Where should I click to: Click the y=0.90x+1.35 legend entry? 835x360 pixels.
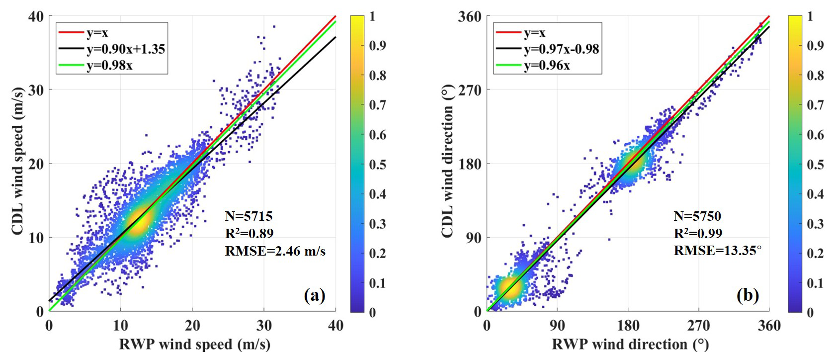[x=125, y=49]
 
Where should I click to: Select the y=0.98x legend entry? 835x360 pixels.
[x=109, y=65]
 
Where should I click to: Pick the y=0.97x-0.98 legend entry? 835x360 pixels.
[x=561, y=49]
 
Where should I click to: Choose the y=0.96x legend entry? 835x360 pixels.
[x=547, y=65]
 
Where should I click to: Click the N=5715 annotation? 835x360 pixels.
[x=249, y=216]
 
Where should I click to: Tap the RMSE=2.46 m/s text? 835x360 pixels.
[x=275, y=251]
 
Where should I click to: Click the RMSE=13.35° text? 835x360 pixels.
[x=717, y=251]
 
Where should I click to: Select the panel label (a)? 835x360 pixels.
[x=314, y=296]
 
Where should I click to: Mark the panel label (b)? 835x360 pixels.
[x=748, y=296]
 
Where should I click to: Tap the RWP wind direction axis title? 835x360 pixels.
[x=630, y=345]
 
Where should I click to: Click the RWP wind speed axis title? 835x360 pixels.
[x=194, y=345]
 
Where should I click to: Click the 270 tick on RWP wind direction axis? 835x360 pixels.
[x=698, y=326]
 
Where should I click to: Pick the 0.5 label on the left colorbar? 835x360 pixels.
[x=378, y=165]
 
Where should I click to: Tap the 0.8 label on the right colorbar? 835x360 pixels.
[x=815, y=76]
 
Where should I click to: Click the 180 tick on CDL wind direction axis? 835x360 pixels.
[x=470, y=164]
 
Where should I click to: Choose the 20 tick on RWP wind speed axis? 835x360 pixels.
[x=192, y=326]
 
